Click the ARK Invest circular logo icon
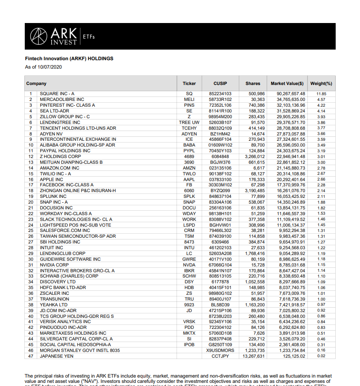[x=38, y=36]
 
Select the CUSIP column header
[x=220, y=83]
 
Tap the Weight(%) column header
[x=321, y=83]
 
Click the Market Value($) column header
[x=287, y=83]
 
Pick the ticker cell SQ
[x=189, y=94]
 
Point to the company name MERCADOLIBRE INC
[x=62, y=100]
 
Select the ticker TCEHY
[x=189, y=128]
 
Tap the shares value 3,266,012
[x=254, y=156]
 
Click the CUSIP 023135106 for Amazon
[x=220, y=168]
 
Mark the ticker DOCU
[x=189, y=208]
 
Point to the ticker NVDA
[x=189, y=265]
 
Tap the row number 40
[x=31, y=316]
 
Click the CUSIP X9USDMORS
[x=220, y=350]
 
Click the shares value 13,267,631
[x=253, y=356]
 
